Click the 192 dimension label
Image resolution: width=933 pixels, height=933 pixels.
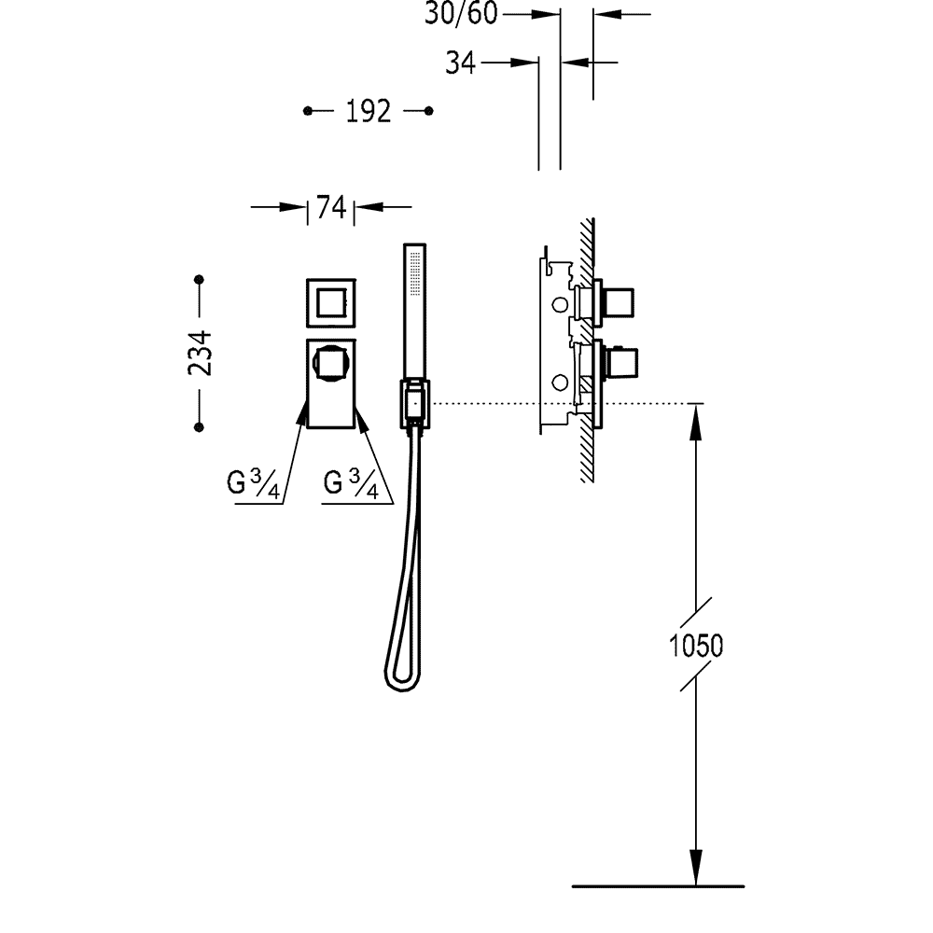368,112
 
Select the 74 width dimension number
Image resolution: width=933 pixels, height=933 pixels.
331,207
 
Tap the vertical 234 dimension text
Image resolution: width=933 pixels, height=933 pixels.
199,353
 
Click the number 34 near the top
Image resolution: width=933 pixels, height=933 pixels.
461,63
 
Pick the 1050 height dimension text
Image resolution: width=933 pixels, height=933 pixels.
697,645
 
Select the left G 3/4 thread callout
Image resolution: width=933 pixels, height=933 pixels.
253,484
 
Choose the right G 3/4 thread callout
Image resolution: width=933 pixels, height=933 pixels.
351,484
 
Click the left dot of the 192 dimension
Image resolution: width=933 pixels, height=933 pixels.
309,112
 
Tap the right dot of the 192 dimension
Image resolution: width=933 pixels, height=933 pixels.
428,112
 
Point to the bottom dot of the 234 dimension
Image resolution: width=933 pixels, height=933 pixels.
199,426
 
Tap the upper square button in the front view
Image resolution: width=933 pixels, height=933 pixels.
331,302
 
